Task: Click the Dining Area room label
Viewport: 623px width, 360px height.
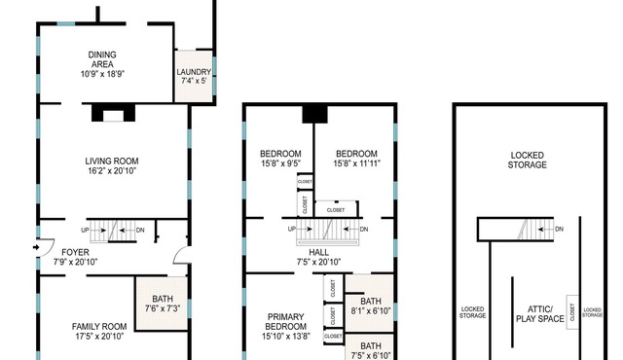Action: (x=102, y=59)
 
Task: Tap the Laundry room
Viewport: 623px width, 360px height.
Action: (x=194, y=76)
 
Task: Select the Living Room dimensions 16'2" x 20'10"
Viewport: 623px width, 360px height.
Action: (x=112, y=171)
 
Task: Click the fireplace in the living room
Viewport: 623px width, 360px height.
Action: (x=113, y=113)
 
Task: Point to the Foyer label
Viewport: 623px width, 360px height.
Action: (x=75, y=252)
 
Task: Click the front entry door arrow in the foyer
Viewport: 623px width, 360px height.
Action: (x=36, y=248)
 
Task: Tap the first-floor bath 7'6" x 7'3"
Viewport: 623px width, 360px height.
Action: (x=163, y=304)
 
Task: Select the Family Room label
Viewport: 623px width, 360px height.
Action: (x=99, y=327)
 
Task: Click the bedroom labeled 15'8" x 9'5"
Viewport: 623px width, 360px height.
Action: (x=280, y=159)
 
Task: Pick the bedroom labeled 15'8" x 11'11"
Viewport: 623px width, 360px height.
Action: (x=356, y=159)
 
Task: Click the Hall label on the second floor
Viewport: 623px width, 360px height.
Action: (x=318, y=252)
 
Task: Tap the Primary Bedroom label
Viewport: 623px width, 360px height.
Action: (x=285, y=321)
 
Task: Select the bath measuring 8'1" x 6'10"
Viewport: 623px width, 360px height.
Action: (x=370, y=306)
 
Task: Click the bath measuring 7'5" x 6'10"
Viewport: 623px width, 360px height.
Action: (x=370, y=350)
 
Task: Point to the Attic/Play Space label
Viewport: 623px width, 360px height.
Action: (x=539, y=314)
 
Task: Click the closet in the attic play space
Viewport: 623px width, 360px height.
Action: (x=572, y=312)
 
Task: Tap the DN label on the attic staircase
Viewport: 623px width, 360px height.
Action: (x=559, y=229)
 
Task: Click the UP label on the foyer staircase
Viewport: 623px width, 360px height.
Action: (x=85, y=231)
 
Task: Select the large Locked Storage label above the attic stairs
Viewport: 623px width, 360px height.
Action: (x=528, y=160)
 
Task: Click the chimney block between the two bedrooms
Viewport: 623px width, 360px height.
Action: (x=314, y=114)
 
